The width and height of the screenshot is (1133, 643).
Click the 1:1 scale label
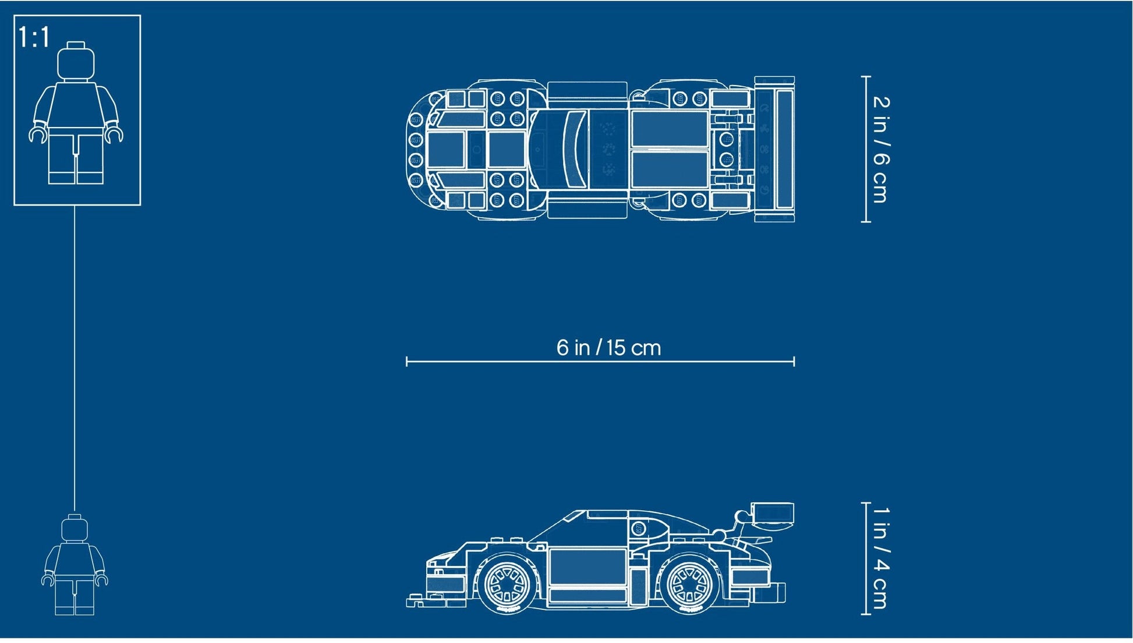point(34,37)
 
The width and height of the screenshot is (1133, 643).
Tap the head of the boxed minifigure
point(76,61)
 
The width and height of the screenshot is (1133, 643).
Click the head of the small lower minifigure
point(75,528)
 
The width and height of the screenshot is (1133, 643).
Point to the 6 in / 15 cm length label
point(608,348)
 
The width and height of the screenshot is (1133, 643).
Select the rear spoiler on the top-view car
point(775,149)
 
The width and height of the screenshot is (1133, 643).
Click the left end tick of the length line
point(406,362)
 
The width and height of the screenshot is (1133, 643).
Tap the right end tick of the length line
point(794,362)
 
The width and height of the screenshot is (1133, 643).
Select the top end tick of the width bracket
point(866,76)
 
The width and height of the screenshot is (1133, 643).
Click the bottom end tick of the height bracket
point(866,613)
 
